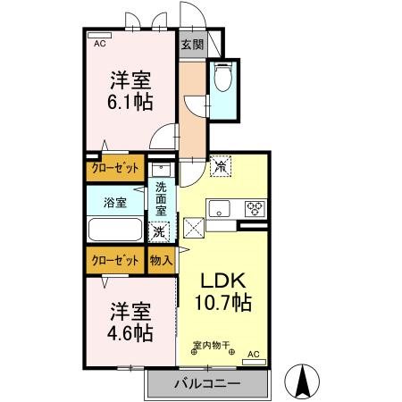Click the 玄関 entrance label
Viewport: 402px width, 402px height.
click(191, 44)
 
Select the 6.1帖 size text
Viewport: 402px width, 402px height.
click(128, 100)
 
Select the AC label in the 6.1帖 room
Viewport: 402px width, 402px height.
click(99, 43)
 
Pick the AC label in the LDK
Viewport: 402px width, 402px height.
click(252, 355)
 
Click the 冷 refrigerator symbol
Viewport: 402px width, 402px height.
click(220, 166)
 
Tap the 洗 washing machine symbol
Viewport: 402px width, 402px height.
click(159, 231)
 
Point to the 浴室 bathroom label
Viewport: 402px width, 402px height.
click(114, 202)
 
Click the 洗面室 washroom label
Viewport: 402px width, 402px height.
click(161, 200)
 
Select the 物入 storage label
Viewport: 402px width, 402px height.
click(161, 261)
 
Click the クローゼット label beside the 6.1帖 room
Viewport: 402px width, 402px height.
click(114, 167)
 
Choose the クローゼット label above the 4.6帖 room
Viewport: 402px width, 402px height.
click(114, 261)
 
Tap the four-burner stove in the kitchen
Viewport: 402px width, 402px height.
click(255, 208)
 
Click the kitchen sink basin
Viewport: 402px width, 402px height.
click(218, 208)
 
